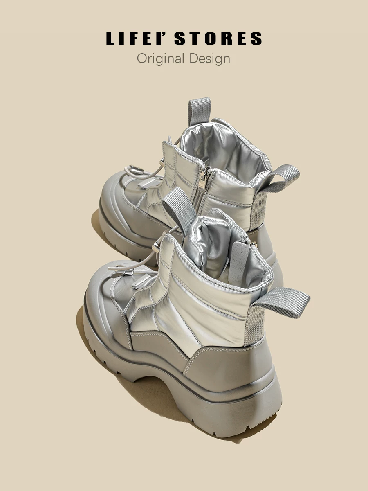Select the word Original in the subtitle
click(160, 59)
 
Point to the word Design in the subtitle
click(210, 59)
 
